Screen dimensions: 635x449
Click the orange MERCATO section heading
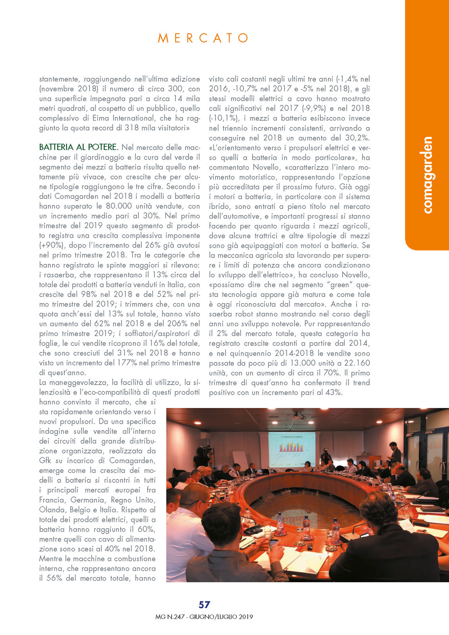[203, 38]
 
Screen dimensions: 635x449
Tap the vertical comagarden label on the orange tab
[427, 175]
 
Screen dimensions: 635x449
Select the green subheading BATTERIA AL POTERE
[79, 147]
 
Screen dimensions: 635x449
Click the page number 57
[204, 604]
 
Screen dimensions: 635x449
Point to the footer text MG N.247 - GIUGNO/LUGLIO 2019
[204, 617]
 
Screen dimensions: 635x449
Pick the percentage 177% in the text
[127, 363]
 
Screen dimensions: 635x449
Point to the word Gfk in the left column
[45, 461]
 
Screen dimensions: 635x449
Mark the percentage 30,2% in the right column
[357, 138]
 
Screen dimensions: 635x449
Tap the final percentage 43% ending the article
[333, 393]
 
